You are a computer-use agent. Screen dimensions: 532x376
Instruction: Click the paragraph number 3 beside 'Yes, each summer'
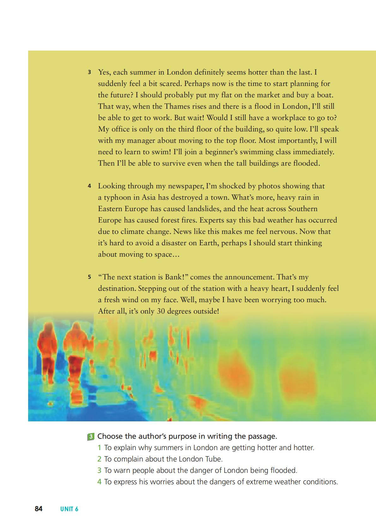click(x=89, y=72)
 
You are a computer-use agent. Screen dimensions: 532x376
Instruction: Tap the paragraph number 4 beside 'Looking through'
click(x=89, y=186)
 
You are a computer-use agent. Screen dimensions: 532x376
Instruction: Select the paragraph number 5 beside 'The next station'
click(x=89, y=277)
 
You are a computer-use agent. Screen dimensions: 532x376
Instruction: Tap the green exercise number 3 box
click(x=90, y=437)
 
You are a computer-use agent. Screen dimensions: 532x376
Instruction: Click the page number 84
click(x=39, y=509)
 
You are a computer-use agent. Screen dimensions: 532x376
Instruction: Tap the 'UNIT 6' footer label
click(x=69, y=509)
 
